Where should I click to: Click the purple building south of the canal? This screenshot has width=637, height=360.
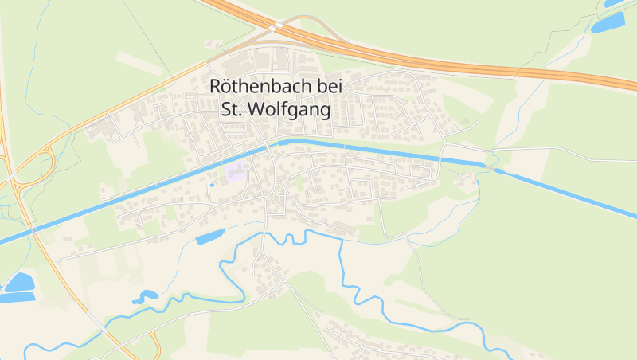(236, 173)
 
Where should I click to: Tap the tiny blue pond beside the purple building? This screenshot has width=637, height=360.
(212, 185)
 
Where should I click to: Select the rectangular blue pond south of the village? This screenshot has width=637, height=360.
(210, 236)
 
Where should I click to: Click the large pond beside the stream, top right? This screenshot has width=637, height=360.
(608, 22)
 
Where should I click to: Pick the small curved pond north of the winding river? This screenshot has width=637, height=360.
(145, 296)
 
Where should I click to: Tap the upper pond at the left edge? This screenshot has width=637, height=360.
(19, 281)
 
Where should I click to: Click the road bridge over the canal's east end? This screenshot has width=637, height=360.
(440, 157)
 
